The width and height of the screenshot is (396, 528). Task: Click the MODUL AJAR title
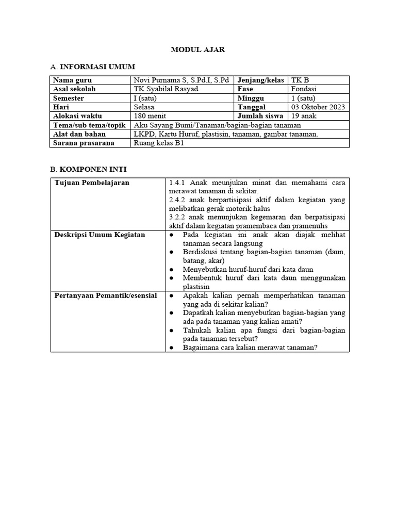197,49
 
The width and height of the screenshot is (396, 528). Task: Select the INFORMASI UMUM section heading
97,67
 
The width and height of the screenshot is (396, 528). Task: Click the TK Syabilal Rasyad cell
166,89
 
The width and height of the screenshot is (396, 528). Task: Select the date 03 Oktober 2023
318,107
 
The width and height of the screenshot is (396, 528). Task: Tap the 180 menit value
150,116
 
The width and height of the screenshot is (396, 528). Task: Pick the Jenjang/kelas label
260,80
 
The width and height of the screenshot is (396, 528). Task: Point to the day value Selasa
144,107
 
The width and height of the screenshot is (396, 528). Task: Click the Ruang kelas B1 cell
158,143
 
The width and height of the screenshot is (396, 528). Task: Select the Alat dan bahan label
79,134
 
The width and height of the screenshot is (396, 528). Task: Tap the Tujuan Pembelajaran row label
92,183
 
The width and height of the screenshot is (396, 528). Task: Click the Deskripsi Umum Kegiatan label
100,235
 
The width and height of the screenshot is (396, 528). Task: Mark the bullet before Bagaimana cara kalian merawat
171,348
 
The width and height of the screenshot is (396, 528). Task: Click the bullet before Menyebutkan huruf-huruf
171,269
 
